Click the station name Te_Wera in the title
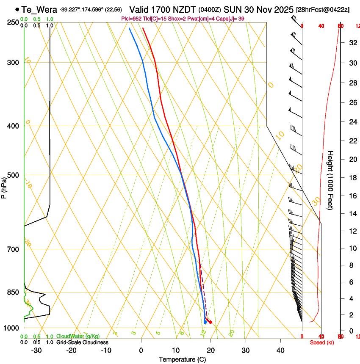[x=39, y=9]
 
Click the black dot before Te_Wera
[x=17, y=9]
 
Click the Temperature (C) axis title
[x=182, y=359]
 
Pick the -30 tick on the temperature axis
[x=36, y=350]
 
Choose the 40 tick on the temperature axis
[x=280, y=350]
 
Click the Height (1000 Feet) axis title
[x=331, y=180]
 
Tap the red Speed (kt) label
[x=321, y=342]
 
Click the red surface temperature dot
[x=210, y=323]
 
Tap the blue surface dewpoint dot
[x=205, y=322]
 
